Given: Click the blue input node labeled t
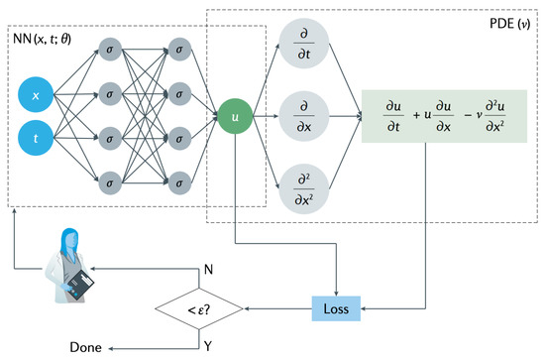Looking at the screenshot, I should pyautogui.click(x=37, y=140).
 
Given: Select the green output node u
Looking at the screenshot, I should pyautogui.click(x=236, y=118).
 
